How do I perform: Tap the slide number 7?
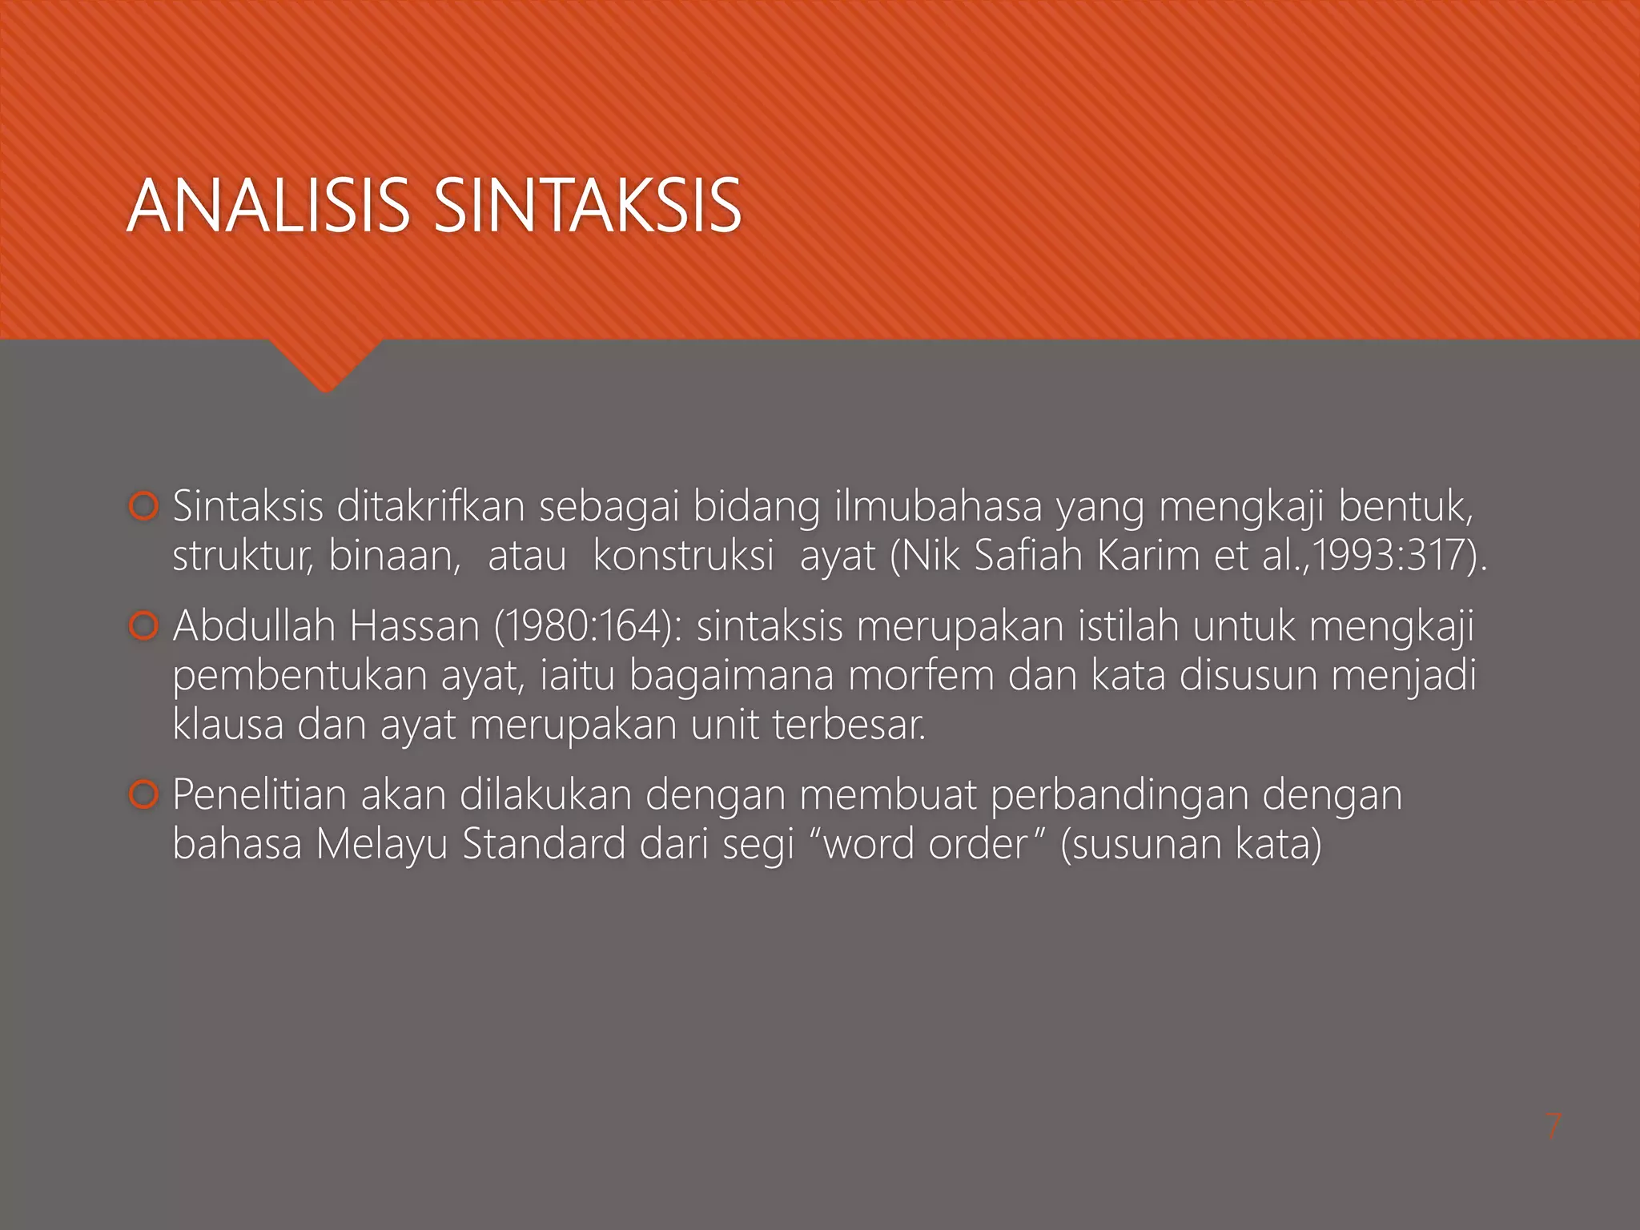pyautogui.click(x=1553, y=1127)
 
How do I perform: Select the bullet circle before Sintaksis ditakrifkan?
pyautogui.click(x=143, y=507)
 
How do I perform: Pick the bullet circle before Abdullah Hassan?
pyautogui.click(x=143, y=626)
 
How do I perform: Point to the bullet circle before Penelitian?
pyautogui.click(x=143, y=795)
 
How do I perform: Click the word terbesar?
pyautogui.click(x=849, y=724)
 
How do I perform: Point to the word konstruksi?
pyautogui.click(x=683, y=555)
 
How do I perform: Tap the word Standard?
pyautogui.click(x=544, y=844)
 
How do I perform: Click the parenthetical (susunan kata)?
pyautogui.click(x=1190, y=844)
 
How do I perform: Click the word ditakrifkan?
pyautogui.click(x=431, y=506)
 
